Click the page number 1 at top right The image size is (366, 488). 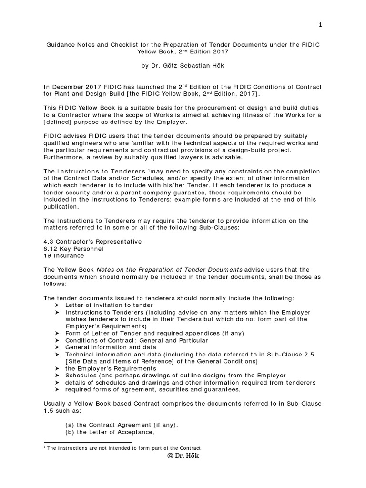tap(321, 25)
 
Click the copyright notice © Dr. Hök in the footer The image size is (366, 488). tap(183, 456)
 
